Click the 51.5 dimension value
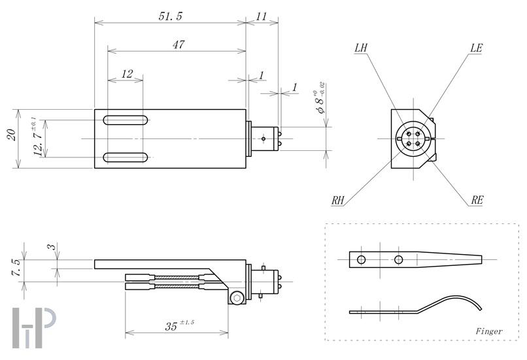point(170,16)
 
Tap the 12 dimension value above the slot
point(127,74)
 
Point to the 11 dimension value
point(262,16)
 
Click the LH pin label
point(361,48)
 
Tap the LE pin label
point(476,48)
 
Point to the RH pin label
point(338,201)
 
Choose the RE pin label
point(477,201)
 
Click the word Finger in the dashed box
point(489,331)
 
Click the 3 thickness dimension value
point(50,248)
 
